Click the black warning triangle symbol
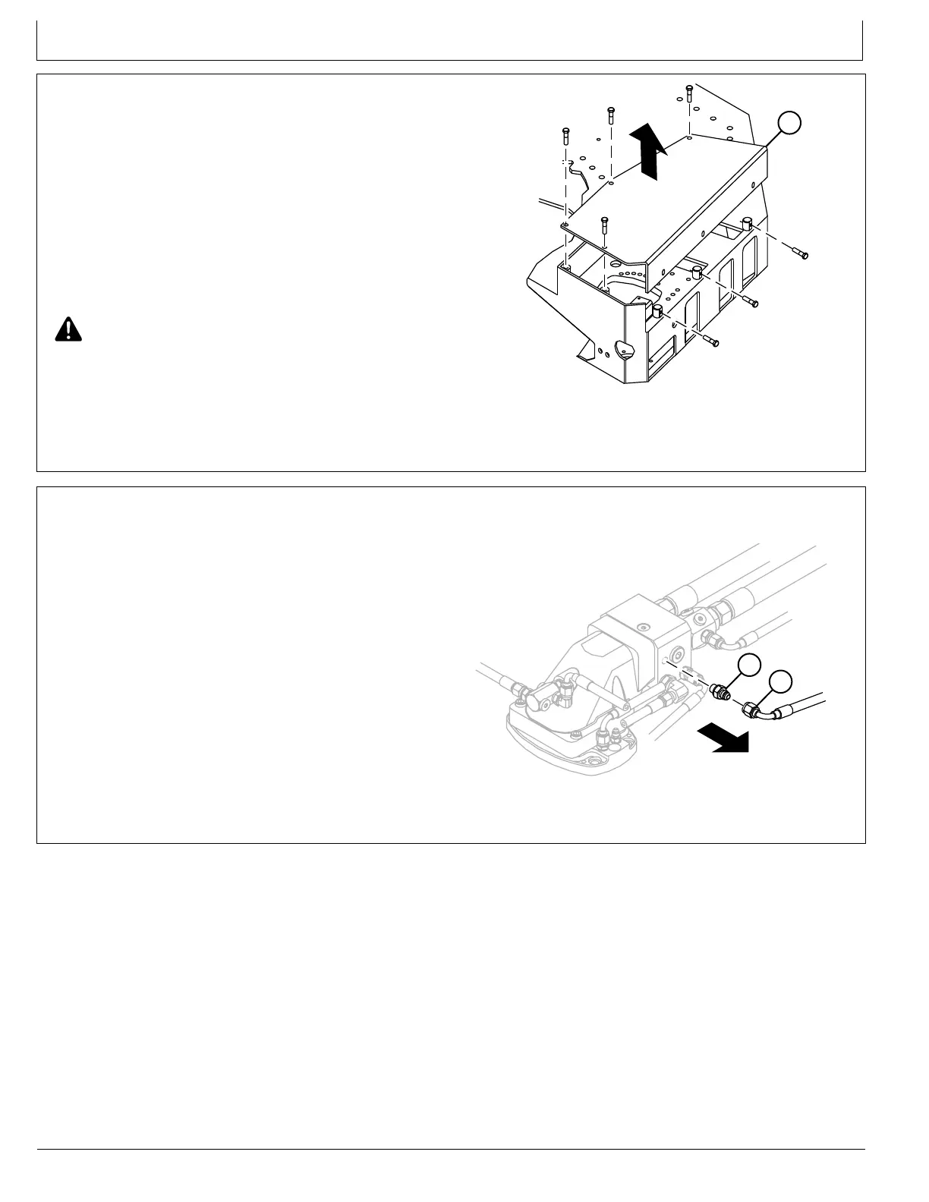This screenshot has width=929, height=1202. click(68, 329)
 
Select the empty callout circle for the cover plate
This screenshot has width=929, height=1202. click(789, 122)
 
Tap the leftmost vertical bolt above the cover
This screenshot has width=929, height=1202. click(565, 137)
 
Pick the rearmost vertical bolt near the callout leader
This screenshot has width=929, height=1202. click(688, 93)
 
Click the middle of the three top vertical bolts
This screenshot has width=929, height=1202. click(610, 116)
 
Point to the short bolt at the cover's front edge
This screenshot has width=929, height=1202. click(604, 225)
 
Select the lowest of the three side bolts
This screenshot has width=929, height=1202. click(711, 341)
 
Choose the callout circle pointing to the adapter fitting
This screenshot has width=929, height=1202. click(749, 665)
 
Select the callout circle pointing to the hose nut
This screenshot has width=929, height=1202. click(780, 682)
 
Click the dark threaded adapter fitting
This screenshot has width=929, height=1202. click(720, 691)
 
